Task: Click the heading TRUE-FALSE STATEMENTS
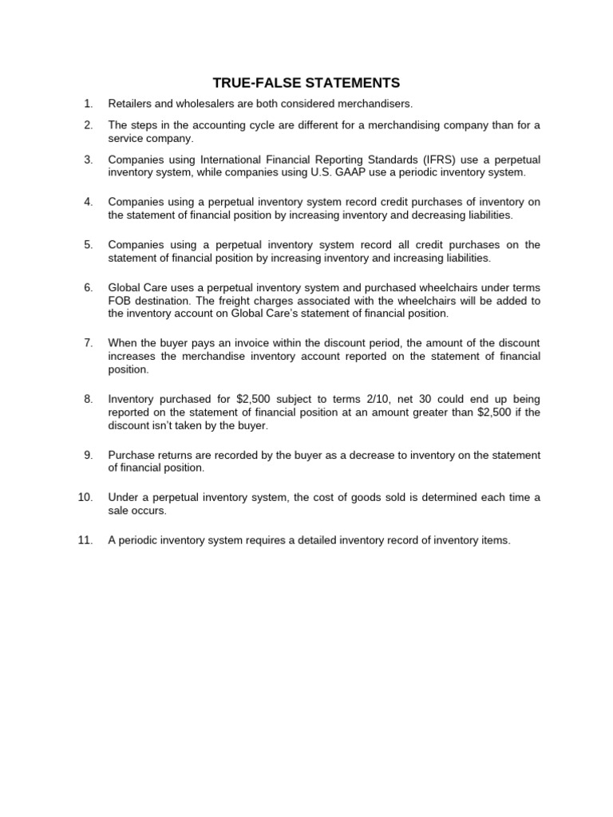tap(306, 83)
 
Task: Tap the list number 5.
tap(89, 245)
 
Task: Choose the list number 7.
tap(89, 343)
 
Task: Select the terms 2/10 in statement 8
tap(374, 399)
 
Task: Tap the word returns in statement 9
tap(171, 455)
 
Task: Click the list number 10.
tap(85, 498)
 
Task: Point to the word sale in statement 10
tap(119, 510)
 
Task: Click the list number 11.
tap(85, 540)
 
